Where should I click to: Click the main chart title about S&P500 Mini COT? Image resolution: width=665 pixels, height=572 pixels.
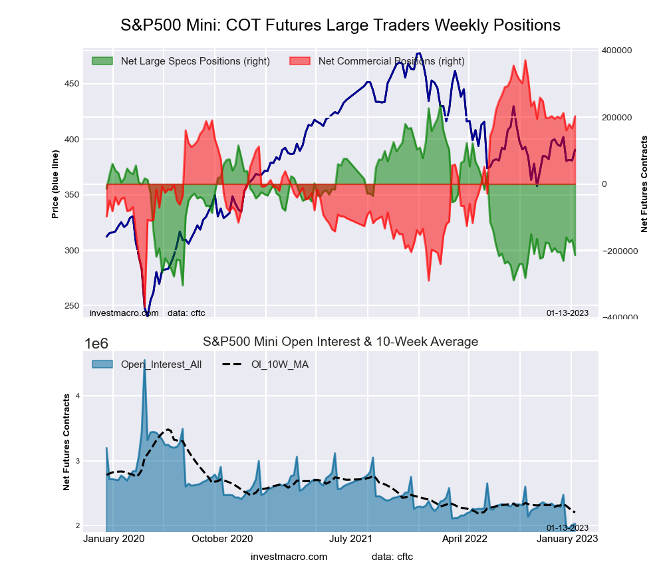coord(340,25)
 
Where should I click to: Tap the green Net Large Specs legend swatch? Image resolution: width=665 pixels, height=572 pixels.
coord(103,61)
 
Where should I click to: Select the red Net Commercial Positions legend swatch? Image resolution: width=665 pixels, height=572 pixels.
coord(301,61)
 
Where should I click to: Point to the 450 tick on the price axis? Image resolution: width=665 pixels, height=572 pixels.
coord(71,84)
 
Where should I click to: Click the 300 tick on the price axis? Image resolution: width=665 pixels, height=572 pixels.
coord(71,251)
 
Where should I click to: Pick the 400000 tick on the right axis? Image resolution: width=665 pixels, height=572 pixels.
coord(617,51)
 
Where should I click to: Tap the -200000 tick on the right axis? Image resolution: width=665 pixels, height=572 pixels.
coord(618,251)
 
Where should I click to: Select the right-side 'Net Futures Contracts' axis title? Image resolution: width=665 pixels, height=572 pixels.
coord(644,184)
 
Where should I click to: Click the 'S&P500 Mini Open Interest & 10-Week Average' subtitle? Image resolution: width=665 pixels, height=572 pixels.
coord(340,342)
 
